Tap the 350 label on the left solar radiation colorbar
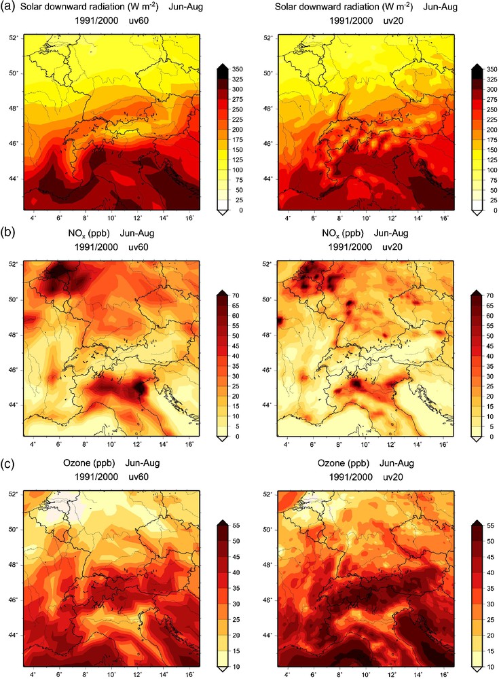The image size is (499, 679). (x=238, y=69)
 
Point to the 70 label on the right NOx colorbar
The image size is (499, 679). (x=489, y=296)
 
